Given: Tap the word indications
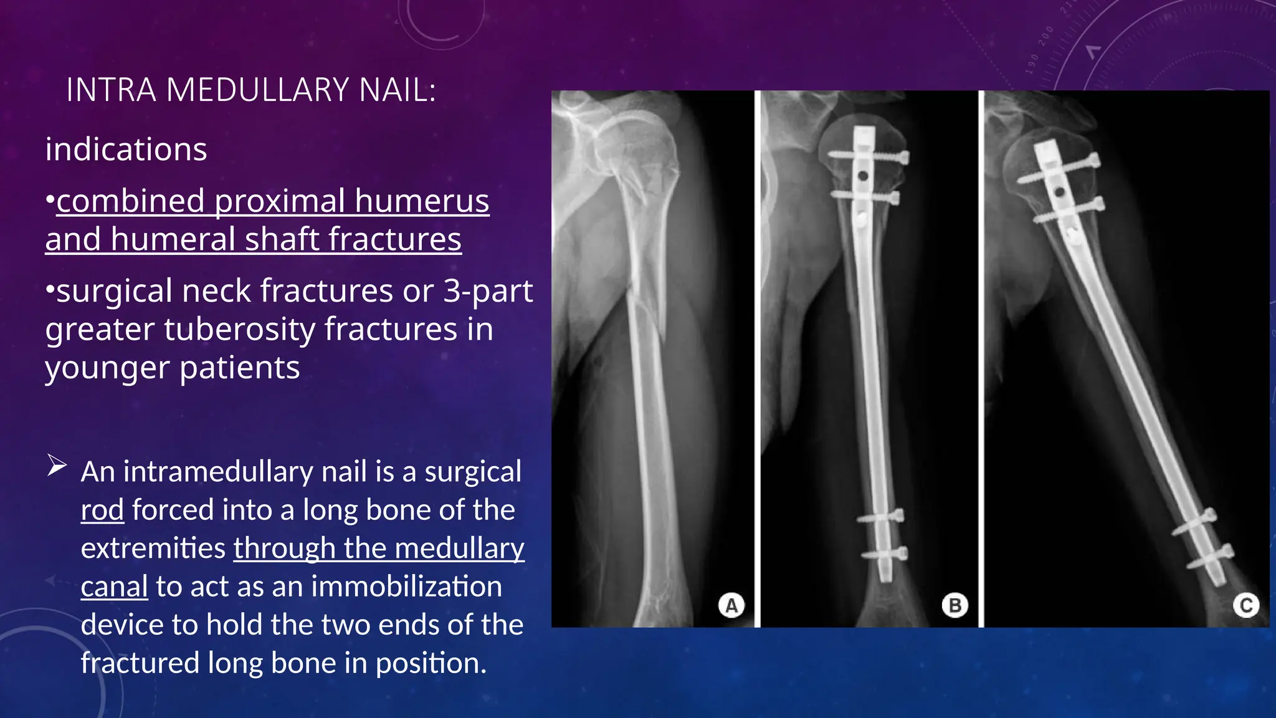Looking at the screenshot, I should (x=126, y=150).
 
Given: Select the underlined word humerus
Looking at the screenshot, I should (x=422, y=201).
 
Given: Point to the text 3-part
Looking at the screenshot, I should (x=488, y=290).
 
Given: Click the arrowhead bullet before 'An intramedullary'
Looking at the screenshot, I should (x=57, y=466).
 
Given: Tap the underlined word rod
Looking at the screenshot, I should (x=102, y=510).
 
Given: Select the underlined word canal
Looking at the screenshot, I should (x=114, y=586).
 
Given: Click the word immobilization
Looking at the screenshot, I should (x=406, y=586).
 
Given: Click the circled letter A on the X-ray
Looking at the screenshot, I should (x=731, y=605).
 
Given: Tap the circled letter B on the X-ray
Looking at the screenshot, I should (x=955, y=605).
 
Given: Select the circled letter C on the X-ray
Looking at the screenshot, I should (x=1246, y=605).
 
